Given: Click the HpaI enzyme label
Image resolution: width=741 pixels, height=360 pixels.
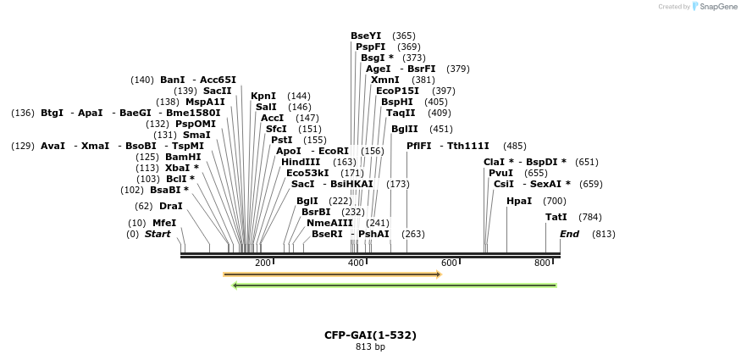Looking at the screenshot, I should (x=519, y=201).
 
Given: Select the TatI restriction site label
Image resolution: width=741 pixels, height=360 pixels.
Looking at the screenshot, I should (x=556, y=217).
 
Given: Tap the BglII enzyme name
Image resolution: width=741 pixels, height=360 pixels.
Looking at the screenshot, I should (x=404, y=129).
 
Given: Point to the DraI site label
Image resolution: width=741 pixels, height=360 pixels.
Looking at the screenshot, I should (x=171, y=206).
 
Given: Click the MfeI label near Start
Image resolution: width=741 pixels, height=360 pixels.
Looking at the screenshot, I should (x=164, y=223).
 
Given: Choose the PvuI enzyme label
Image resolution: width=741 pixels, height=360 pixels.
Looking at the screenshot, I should (x=500, y=173).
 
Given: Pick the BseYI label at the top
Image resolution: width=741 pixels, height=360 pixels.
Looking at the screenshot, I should (x=366, y=36).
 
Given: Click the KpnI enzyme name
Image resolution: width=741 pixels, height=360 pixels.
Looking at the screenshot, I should (x=263, y=96).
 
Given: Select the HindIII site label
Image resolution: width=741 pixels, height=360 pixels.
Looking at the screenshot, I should (x=301, y=162).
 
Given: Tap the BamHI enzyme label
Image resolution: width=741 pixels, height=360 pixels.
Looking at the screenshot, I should (x=183, y=157).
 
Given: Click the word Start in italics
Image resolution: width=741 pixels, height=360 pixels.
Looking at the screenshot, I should (x=158, y=234).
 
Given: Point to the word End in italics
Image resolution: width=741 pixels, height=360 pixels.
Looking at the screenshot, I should (x=569, y=234).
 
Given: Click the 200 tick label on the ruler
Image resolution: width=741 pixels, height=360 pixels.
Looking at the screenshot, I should (x=263, y=263).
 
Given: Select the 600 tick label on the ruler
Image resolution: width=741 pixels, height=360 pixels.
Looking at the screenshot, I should (x=449, y=263).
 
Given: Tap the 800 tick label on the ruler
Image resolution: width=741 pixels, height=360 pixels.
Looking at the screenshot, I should (x=542, y=263).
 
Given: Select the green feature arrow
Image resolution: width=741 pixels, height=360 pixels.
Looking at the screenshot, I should (x=395, y=285).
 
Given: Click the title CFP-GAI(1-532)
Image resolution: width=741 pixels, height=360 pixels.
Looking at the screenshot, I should (x=370, y=335).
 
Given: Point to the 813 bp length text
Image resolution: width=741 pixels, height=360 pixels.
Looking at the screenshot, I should (x=370, y=346).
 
